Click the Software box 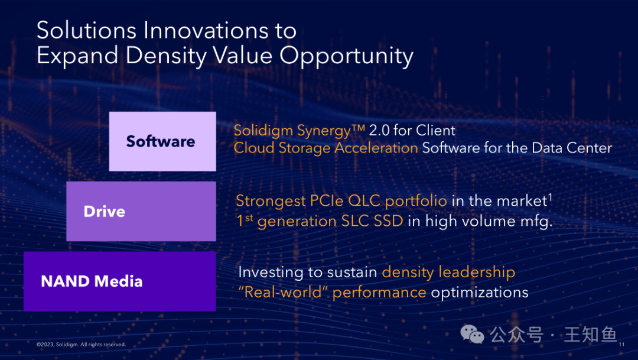(162, 141)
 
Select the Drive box (141, 212)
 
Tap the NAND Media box (119, 281)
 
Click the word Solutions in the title (86, 31)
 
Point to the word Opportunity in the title (346, 56)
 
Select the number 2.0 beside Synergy (379, 131)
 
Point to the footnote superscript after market (550, 197)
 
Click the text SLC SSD (372, 221)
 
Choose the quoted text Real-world (283, 292)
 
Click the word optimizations (480, 293)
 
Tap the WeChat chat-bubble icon (472, 335)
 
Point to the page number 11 (621, 345)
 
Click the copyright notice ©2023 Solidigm (82, 345)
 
